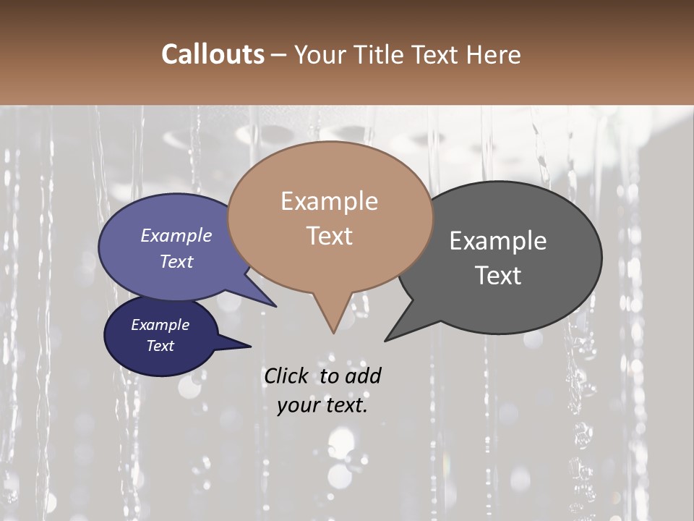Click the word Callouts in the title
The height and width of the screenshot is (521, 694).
pyautogui.click(x=213, y=54)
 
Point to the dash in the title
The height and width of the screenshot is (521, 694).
pyautogui.click(x=280, y=55)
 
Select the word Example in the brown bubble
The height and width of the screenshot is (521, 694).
pyautogui.click(x=329, y=201)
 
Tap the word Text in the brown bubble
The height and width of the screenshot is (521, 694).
pyautogui.click(x=329, y=236)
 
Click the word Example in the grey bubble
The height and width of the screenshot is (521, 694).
pyautogui.click(x=498, y=241)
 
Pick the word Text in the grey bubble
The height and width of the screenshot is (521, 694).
pyautogui.click(x=498, y=276)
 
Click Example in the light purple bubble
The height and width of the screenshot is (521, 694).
pyautogui.click(x=176, y=236)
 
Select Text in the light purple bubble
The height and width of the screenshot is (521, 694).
pyautogui.click(x=176, y=262)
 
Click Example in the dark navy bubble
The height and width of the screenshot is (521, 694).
pyautogui.click(x=160, y=325)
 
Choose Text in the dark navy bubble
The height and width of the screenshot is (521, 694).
pyautogui.click(x=160, y=346)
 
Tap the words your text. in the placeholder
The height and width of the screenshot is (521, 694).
pyautogui.click(x=322, y=406)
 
